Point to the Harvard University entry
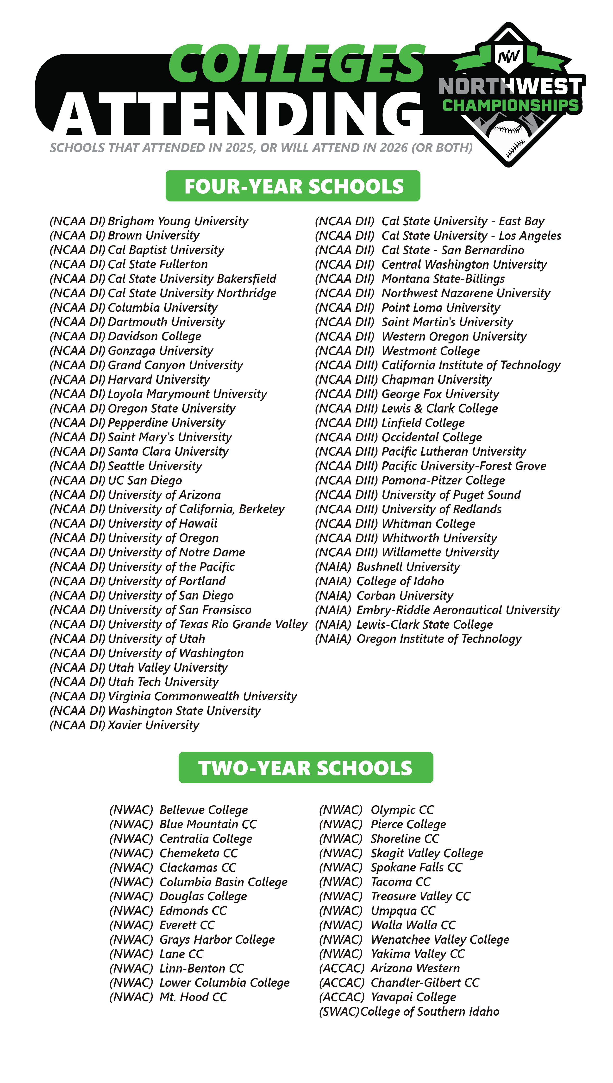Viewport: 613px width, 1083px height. coord(159,380)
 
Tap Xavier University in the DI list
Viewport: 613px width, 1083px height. coord(153,725)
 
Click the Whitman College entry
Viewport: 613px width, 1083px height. coord(428,523)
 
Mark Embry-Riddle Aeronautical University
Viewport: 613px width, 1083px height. coord(458,610)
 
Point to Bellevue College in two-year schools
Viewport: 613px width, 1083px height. coord(203,810)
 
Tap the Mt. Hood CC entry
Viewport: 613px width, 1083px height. coord(193,997)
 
